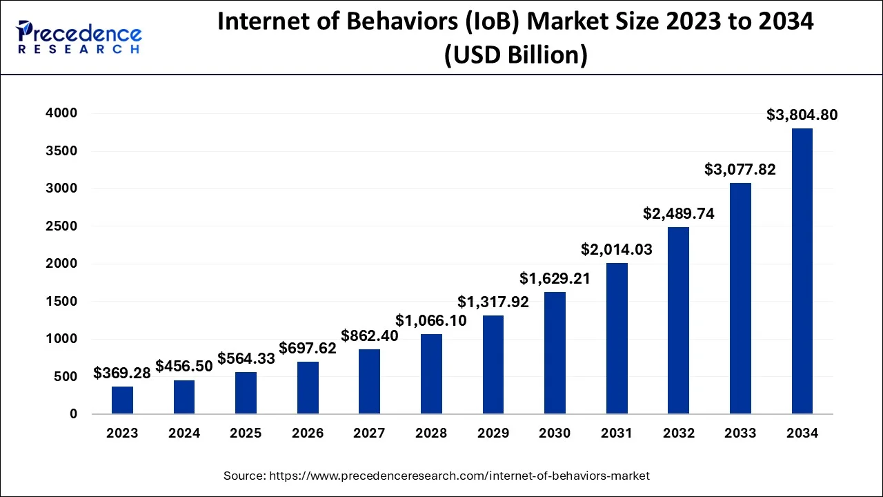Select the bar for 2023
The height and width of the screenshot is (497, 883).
(122, 400)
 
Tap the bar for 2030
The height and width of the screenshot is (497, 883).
(555, 353)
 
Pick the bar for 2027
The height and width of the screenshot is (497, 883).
(369, 382)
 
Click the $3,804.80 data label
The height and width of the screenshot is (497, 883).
(802, 115)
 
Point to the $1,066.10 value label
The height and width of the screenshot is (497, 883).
(431, 320)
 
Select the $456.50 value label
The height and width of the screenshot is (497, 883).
(184, 366)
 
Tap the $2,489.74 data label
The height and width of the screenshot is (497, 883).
(679, 213)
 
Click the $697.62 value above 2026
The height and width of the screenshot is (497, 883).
(308, 348)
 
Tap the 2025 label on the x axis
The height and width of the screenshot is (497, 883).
(246, 433)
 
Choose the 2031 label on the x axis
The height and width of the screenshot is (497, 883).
(616, 433)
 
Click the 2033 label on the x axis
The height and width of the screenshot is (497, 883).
(740, 433)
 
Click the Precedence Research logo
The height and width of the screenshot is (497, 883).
(79, 38)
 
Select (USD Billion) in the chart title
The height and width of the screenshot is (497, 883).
(515, 55)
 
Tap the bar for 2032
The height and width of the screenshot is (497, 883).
(679, 320)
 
